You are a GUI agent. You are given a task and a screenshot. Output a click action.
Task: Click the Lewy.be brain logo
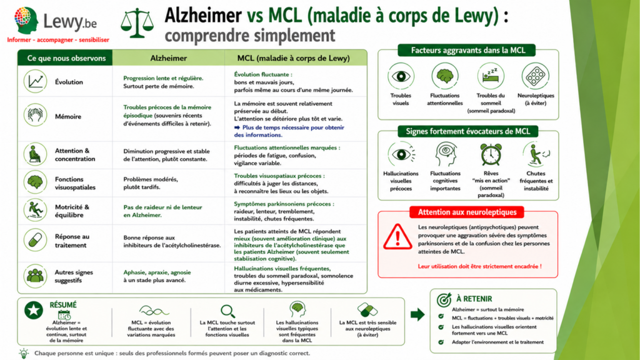[x=26, y=20]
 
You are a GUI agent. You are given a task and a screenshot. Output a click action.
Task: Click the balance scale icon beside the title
[x=137, y=23]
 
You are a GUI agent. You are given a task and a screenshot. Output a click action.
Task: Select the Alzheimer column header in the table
[x=169, y=58]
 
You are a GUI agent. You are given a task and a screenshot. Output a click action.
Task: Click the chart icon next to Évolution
[x=35, y=81]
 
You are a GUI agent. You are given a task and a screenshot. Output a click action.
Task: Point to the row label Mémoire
[x=68, y=116]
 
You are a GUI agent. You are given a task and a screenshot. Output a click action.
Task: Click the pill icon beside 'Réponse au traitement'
[x=35, y=240]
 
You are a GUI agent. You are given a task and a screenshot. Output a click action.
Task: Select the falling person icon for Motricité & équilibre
[x=35, y=210]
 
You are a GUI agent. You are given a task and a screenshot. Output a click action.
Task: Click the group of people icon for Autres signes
[x=35, y=276]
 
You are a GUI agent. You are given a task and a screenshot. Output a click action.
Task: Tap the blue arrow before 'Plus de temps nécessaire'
[x=237, y=127]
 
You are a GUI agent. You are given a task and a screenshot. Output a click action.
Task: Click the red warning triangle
[x=397, y=236]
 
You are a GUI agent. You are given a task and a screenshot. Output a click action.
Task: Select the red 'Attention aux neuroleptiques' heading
[x=467, y=212]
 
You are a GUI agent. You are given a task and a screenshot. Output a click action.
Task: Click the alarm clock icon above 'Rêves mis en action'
[x=491, y=155]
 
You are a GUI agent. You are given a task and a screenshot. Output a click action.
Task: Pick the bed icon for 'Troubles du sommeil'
[x=491, y=76]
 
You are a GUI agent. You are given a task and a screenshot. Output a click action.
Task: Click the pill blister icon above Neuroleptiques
[x=535, y=76]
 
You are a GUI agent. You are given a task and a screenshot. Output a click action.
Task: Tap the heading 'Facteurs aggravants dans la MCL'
[x=467, y=50]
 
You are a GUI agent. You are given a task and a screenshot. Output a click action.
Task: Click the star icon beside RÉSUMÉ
[x=34, y=310]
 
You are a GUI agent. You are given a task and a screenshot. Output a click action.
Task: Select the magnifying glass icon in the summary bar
[x=227, y=311]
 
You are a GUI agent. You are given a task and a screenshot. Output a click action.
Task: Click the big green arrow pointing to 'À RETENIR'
[x=417, y=314]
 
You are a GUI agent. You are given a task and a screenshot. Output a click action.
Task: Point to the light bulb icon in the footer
[x=24, y=354]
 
